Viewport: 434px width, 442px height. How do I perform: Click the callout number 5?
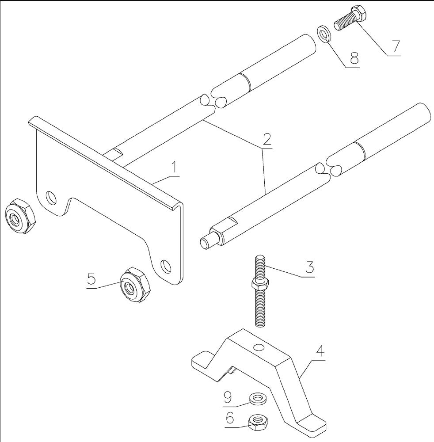coord(91,279)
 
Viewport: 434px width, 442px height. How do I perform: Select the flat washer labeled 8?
coord(324,35)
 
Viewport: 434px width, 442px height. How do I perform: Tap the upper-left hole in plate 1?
coord(52,197)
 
